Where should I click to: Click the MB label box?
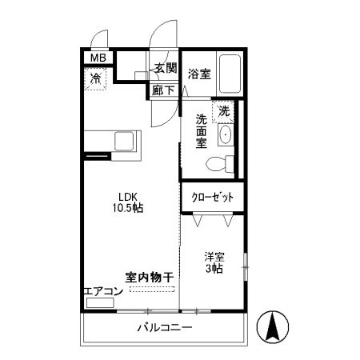point(97,58)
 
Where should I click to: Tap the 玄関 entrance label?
point(166,69)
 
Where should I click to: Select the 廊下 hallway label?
point(164,90)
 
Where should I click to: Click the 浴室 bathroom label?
point(199,74)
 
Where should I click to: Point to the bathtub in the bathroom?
point(231,74)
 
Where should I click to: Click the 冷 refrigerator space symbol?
point(96,79)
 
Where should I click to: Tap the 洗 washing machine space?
point(225,110)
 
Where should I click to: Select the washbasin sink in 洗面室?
point(226,134)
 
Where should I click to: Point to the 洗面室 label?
point(202,131)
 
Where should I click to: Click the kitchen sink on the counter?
point(127,142)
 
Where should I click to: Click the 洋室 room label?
point(213,257)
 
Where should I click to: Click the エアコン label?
point(103,291)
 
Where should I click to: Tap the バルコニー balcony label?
point(164,327)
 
